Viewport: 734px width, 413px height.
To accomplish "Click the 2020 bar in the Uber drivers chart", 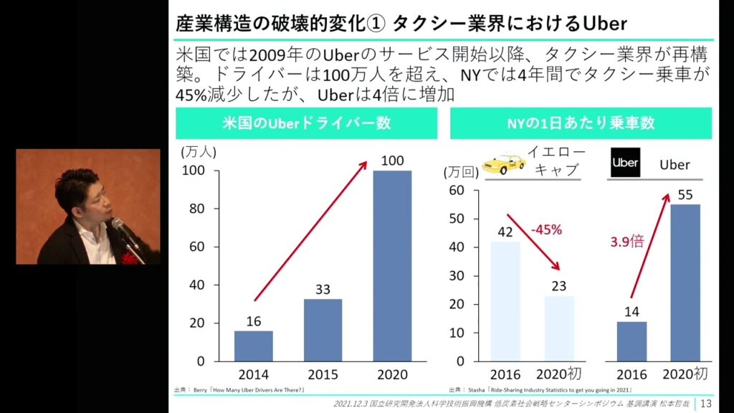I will point(393,265).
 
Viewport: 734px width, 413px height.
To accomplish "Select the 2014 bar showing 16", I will point(254,346).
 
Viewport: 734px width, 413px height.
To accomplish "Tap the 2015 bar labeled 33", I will point(323,330).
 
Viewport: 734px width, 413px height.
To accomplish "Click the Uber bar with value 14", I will point(631,341).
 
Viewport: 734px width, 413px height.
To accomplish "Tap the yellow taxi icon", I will point(503,165).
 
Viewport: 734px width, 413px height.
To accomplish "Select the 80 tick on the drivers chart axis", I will point(194,209).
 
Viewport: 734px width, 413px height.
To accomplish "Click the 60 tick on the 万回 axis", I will point(457,190).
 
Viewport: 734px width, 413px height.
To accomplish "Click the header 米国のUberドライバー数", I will point(306,123).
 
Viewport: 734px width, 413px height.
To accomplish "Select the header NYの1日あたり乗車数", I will point(581,123).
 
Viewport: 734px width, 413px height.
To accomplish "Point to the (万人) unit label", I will point(199,151).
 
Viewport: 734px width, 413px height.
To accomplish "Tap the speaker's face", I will point(94,201).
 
